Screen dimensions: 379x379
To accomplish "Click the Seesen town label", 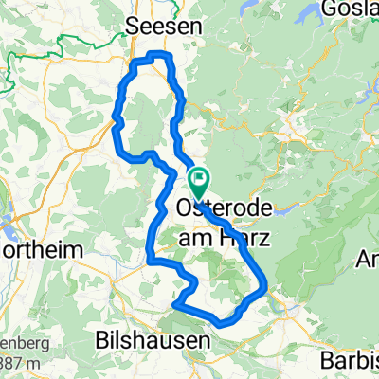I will [x=165, y=28].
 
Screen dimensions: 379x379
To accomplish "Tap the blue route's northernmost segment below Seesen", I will [x=156, y=56].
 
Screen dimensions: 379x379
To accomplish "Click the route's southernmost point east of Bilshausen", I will [x=222, y=323].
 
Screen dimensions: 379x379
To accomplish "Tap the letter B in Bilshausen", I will [x=103, y=338].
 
